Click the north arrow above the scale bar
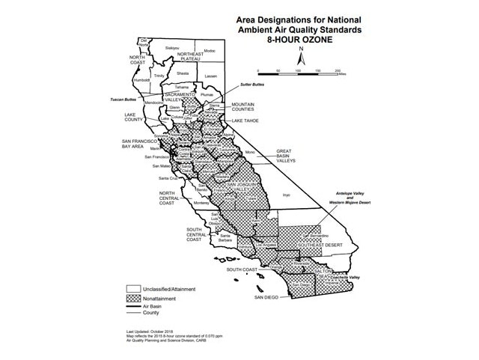[300, 54]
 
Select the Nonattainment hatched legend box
[134, 297]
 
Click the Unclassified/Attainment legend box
[134, 287]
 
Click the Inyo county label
[284, 195]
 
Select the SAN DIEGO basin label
[266, 297]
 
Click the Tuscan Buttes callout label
[131, 100]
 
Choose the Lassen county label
[210, 76]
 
